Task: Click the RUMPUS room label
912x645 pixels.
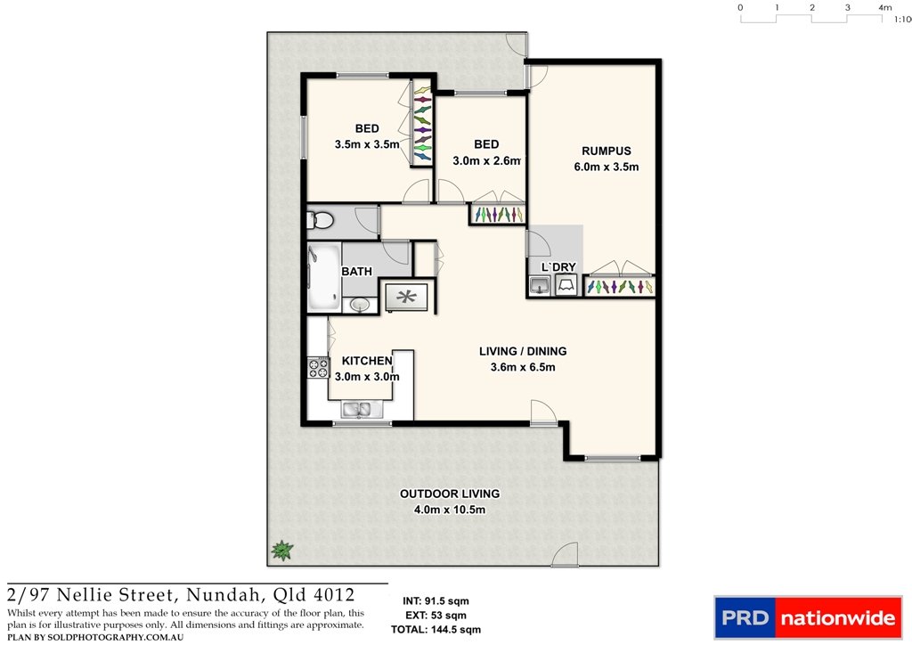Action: (x=606, y=151)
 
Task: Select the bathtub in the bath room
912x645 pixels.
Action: (x=320, y=277)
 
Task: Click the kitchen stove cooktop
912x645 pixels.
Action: (x=317, y=367)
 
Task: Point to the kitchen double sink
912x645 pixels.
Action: (x=360, y=410)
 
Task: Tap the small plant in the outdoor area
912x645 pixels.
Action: (x=282, y=551)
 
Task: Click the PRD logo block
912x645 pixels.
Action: (x=744, y=617)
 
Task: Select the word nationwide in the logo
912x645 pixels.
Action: (x=836, y=617)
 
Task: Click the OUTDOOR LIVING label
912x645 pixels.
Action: (x=449, y=494)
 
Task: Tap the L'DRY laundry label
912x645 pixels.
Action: (x=552, y=267)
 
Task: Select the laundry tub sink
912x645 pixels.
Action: (x=539, y=285)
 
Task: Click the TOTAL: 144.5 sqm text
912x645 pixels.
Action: (x=436, y=629)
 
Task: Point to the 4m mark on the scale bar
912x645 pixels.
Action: (x=884, y=8)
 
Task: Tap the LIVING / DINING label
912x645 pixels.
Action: (x=523, y=351)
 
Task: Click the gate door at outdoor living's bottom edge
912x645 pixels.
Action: (x=566, y=556)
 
